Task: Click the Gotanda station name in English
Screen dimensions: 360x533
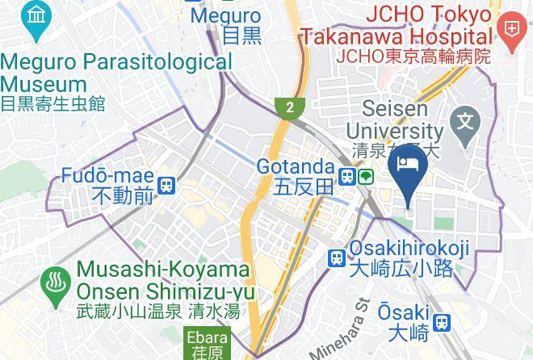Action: pos(295,167)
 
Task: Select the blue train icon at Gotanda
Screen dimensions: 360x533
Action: pos(346,176)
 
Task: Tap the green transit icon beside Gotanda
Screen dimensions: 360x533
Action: pos(366,176)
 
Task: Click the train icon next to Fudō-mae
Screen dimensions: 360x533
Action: pos(167,186)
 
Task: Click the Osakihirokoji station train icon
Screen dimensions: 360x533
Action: pos(336,258)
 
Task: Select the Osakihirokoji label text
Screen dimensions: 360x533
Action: pos(409,250)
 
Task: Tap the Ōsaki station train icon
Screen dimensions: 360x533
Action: pos(441,323)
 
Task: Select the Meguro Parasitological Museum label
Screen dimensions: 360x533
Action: pos(116,73)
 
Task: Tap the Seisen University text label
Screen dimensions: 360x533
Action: pos(394,119)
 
